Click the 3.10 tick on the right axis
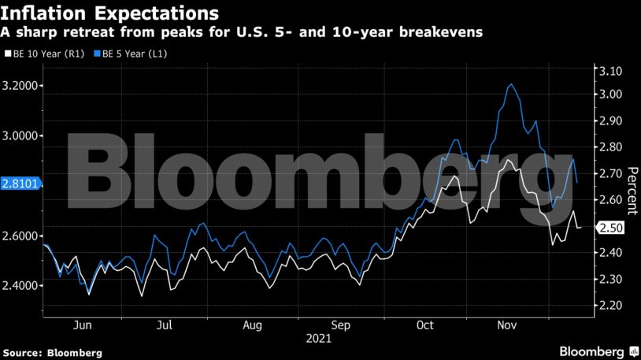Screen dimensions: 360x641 611,72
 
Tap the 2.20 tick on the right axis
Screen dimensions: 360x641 611,306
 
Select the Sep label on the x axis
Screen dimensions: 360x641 341,324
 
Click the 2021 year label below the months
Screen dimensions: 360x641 319,339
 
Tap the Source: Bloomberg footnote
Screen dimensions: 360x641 52,351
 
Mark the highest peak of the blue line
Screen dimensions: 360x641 511,84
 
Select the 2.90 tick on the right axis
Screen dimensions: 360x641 611,121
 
